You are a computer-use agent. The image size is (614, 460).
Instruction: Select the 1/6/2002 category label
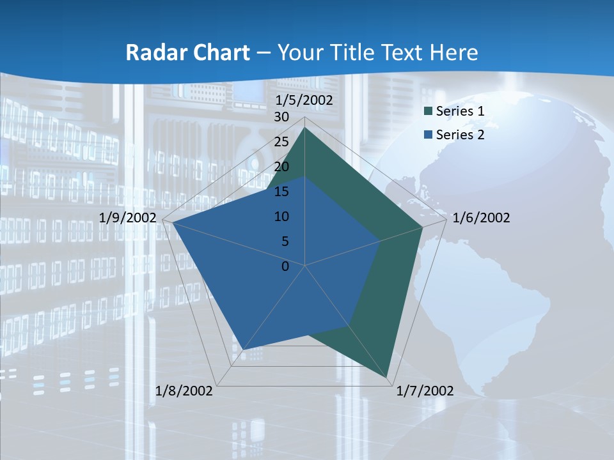tap(481, 218)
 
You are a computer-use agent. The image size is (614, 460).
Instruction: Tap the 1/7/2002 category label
tap(425, 391)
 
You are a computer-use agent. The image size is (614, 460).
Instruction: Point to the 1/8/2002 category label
tap(184, 391)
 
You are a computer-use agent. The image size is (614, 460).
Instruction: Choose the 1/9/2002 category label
tap(128, 218)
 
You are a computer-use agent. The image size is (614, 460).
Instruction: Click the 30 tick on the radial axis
tap(281, 117)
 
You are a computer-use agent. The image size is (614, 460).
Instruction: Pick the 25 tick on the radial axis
tap(281, 142)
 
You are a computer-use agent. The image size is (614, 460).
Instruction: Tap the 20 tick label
tap(281, 167)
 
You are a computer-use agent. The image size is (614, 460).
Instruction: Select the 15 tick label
tap(281, 192)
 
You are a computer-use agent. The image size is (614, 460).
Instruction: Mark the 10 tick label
tap(281, 217)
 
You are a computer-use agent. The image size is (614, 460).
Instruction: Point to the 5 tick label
tap(285, 241)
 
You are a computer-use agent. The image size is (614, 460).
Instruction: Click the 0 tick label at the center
tap(285, 266)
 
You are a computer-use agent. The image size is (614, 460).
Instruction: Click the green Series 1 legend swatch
tap(428, 111)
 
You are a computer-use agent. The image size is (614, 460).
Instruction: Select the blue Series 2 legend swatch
tap(428, 135)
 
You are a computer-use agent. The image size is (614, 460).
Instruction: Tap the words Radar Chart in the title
tap(187, 52)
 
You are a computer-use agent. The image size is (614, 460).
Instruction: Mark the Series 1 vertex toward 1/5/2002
tap(305, 128)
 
